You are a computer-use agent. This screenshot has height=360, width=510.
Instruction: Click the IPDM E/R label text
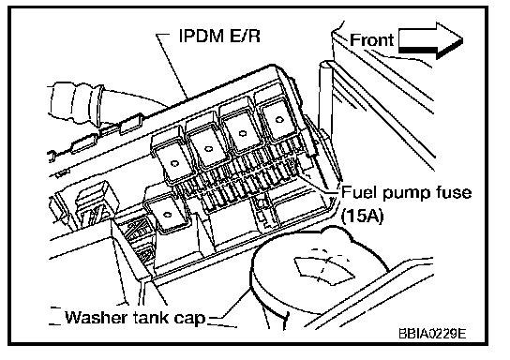219,36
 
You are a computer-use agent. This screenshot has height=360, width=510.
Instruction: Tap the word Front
371,40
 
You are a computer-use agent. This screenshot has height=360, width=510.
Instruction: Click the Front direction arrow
430,40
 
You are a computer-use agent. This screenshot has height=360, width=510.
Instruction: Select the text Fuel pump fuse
406,193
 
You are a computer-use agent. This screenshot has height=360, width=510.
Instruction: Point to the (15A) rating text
362,215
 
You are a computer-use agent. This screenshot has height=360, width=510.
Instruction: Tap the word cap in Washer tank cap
190,318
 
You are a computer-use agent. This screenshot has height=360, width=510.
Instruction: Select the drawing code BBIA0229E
432,334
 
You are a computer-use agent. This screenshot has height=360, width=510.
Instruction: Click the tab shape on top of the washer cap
323,270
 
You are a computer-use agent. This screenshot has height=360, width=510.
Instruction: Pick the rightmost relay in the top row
277,120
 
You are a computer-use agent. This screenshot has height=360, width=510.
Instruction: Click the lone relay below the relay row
167,215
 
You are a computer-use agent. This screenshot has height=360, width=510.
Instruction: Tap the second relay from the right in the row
241,133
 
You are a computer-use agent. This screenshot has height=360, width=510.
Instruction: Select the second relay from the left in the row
206,148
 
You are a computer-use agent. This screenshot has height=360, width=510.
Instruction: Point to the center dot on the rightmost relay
278,120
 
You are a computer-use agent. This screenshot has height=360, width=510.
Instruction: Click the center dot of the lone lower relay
168,215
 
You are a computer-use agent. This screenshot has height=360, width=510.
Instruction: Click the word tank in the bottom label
151,317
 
